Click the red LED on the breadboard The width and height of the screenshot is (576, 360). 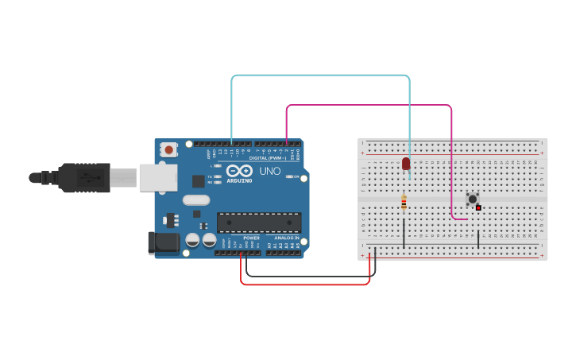click(406, 163)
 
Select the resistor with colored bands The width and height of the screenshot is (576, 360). click(404, 203)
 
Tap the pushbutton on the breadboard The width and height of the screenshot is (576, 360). click(472, 199)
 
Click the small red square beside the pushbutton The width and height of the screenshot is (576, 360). click(478, 207)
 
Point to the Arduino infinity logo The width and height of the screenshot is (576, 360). click(239, 170)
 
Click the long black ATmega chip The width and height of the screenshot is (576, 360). click(259, 223)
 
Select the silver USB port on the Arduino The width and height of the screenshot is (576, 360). click(158, 177)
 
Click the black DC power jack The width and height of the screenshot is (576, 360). click(164, 242)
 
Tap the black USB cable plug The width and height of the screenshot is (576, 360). click(83, 177)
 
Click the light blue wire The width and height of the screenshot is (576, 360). click(318, 75)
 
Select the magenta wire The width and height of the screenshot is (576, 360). click(365, 105)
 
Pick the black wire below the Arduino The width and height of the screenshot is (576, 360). click(310, 276)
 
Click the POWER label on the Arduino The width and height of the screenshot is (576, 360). click(251, 238)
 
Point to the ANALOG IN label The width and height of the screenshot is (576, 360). click(287, 238)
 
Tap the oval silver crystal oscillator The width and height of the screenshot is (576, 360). click(195, 200)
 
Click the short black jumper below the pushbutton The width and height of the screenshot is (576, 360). click(478, 239)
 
